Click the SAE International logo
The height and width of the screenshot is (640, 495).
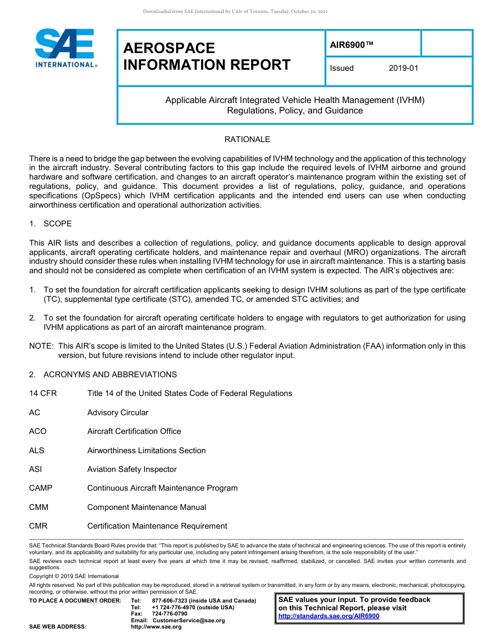(65, 48)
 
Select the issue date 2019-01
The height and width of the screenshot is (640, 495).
(403, 68)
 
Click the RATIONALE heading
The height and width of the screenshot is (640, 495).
(247, 139)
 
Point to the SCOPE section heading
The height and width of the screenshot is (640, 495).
(57, 224)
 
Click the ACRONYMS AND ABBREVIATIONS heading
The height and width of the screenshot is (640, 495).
(110, 375)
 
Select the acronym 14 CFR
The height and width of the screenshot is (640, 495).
(43, 393)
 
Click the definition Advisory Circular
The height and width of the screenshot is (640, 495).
(118, 413)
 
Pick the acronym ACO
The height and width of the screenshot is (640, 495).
(38, 431)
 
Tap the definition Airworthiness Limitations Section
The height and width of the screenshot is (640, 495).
(146, 451)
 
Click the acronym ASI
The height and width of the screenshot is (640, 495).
(35, 469)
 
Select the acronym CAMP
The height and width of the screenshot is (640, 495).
(41, 488)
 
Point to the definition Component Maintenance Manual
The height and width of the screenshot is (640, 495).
(146, 507)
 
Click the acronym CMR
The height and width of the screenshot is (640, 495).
(38, 526)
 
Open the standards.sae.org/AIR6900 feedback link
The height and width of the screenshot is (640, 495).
(329, 616)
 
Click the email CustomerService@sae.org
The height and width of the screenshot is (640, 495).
(189, 620)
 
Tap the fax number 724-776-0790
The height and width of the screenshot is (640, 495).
(169, 614)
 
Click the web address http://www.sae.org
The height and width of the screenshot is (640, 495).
(156, 627)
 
